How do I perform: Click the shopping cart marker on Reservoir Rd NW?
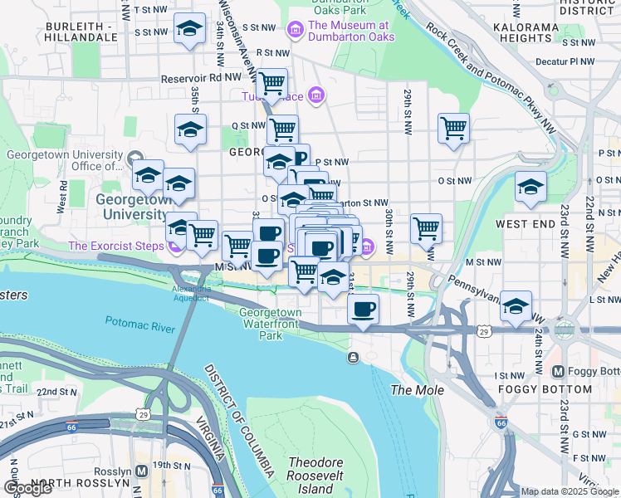coord(271,83)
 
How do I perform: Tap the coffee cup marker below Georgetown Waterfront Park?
coord(363,310)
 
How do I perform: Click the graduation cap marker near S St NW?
coord(190,29)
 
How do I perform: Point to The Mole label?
coord(417,390)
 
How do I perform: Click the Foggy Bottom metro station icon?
coord(558,371)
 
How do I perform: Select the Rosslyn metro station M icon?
coord(141,470)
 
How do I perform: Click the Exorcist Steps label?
coord(116,247)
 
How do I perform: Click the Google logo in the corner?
coord(28,488)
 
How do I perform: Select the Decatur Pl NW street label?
coord(565,61)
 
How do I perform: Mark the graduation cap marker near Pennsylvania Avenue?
coord(516,305)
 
